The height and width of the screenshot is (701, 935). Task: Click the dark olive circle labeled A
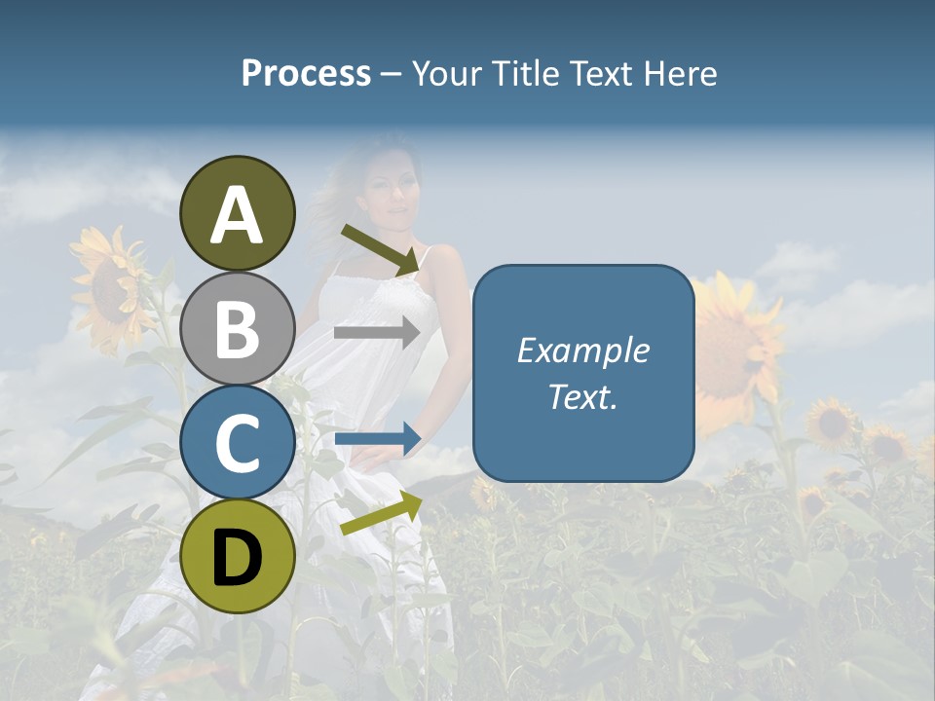(x=238, y=213)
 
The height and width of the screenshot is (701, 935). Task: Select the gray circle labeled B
(x=238, y=328)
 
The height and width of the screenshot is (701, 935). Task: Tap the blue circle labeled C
(x=238, y=442)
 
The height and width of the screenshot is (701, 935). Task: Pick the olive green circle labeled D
(x=238, y=556)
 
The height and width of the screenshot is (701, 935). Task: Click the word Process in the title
(x=306, y=73)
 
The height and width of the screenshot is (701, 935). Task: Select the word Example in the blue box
(x=583, y=350)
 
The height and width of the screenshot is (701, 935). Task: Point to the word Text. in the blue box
(x=583, y=396)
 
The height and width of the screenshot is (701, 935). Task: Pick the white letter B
(x=238, y=328)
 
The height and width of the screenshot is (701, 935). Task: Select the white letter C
(x=238, y=443)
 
